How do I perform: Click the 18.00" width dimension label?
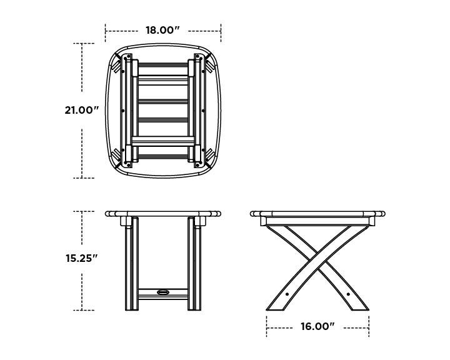pyautogui.click(x=163, y=30)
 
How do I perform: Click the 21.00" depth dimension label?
pyautogui.click(x=82, y=111)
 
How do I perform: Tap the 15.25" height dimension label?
pyautogui.click(x=82, y=258)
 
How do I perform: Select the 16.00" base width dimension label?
pyautogui.click(x=317, y=326)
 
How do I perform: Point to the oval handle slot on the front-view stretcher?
pyautogui.click(x=163, y=291)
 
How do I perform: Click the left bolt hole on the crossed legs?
pyautogui.click(x=287, y=292)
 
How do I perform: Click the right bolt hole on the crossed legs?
pyautogui.click(x=347, y=292)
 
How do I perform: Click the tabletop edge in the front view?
pyautogui.click(x=163, y=213)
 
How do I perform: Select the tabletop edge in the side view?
pyautogui.click(x=317, y=213)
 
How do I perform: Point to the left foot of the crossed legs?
pyautogui.click(x=276, y=306)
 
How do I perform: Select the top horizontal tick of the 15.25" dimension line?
pyautogui.click(x=84, y=211)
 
